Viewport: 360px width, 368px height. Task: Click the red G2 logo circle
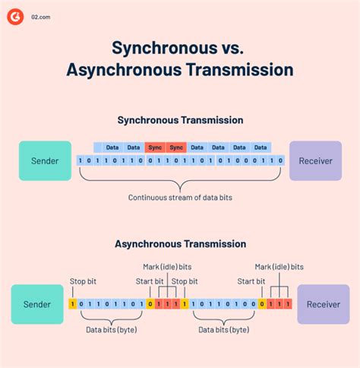coord(15,15)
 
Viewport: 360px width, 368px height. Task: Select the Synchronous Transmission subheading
coord(180,120)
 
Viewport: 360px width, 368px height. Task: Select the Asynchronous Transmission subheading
coord(180,244)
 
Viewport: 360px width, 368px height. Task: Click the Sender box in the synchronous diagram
coord(45,160)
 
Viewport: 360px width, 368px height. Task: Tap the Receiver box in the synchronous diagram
coord(315,160)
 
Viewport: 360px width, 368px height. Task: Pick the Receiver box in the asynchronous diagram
coord(323,304)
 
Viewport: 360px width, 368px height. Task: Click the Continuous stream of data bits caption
coord(180,198)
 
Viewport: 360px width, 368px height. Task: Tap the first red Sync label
coord(156,147)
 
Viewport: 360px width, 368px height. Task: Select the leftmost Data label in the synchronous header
coord(112,147)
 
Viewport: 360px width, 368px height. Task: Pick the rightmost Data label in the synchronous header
coord(261,147)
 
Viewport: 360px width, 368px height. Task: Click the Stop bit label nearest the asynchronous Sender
coord(84,281)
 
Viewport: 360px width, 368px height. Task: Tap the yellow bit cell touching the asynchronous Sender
coord(73,304)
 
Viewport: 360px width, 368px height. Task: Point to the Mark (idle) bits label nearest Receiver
coord(279,267)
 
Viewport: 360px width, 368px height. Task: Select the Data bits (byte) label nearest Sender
coord(112,330)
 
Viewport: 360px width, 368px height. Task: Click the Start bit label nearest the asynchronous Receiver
coord(251,281)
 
